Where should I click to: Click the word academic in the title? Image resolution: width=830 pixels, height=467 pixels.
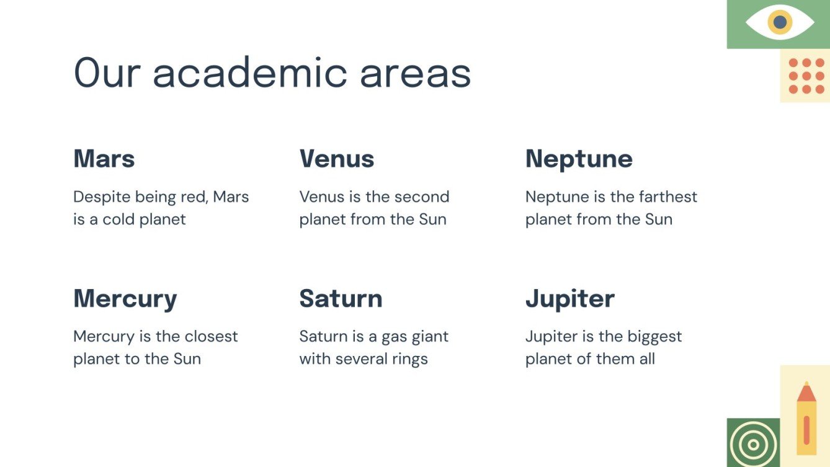250,72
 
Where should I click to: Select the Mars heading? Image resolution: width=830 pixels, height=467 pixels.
104,159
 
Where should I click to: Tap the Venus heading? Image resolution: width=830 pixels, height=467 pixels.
337,159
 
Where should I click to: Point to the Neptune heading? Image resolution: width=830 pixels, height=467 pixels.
579,159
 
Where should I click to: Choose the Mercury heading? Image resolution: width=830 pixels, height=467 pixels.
125,299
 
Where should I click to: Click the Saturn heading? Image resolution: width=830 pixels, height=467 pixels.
341,298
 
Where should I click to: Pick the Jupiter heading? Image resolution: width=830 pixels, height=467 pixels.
570,299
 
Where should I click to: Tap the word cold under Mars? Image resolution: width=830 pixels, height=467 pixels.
118,220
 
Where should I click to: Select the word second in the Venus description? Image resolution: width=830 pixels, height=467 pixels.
422,197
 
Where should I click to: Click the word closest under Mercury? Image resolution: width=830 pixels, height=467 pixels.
211,336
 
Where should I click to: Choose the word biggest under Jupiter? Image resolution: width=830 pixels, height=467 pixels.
654,337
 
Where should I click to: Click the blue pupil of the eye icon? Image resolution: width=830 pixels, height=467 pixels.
780,22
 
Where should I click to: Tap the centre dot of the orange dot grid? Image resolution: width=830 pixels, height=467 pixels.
806,76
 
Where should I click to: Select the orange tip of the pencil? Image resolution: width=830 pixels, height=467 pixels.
806,392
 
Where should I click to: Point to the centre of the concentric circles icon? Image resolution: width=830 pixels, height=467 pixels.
753,445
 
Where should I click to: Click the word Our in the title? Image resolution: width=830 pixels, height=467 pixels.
107,72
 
